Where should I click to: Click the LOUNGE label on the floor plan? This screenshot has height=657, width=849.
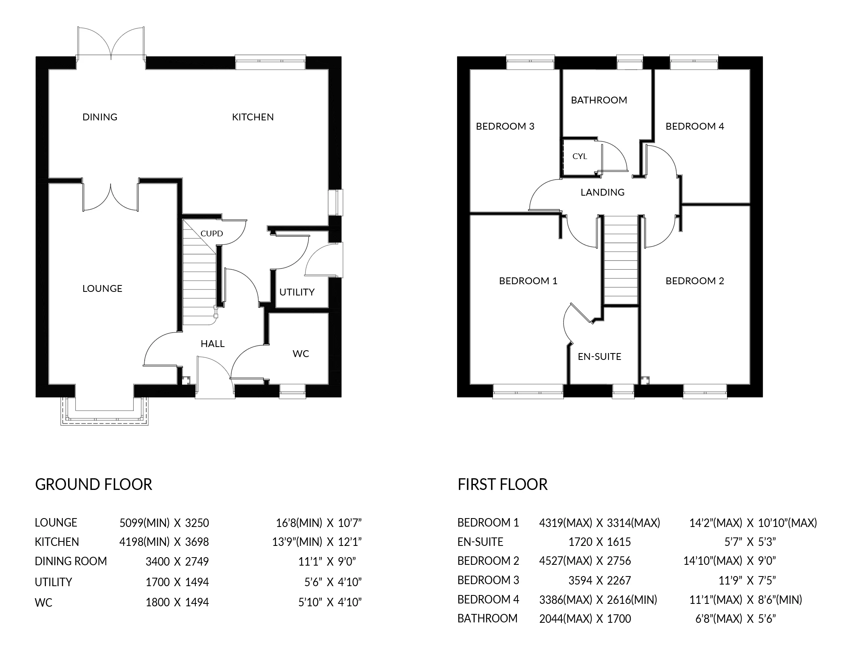102,288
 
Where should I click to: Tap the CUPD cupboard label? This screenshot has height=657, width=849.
211,233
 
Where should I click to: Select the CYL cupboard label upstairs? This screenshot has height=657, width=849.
580,156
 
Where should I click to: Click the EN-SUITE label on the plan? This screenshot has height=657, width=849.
599,356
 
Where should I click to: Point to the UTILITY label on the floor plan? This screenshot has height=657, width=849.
297,292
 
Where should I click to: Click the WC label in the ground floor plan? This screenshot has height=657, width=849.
301,353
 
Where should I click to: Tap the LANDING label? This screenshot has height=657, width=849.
602,192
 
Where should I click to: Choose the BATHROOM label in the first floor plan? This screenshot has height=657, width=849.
599,100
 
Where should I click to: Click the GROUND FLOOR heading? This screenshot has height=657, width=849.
93,484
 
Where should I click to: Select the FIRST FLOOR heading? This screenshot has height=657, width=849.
502,484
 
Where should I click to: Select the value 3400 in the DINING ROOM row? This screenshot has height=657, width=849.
157,561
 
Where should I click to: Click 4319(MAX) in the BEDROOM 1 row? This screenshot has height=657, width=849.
565,523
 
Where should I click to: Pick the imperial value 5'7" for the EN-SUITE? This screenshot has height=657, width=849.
733,542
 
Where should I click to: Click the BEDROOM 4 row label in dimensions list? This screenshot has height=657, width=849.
488,599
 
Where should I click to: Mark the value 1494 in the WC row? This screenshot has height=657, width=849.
197,602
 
